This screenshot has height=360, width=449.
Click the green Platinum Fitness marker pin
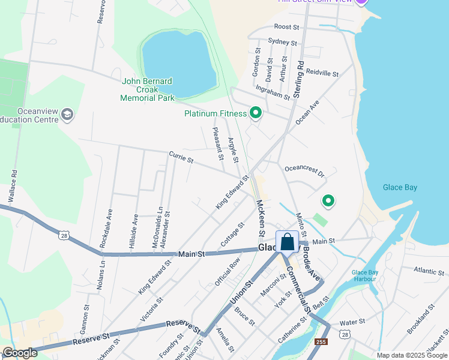tap(256, 113)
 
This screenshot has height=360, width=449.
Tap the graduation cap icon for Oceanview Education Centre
tap(67, 114)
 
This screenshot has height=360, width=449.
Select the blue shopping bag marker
tap(288, 244)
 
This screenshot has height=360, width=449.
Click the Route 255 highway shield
tap(321, 342)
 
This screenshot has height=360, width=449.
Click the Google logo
tap(20, 353)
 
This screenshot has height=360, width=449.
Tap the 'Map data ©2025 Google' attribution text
tap(412, 355)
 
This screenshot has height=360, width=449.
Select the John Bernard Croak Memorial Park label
tap(147, 89)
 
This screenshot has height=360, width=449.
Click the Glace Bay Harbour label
tap(365, 276)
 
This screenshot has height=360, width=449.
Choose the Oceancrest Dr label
tap(304, 172)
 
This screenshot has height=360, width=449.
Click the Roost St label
tap(286, 27)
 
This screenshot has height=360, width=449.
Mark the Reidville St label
tap(322, 73)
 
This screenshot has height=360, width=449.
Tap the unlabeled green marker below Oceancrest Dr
tap(328, 201)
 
